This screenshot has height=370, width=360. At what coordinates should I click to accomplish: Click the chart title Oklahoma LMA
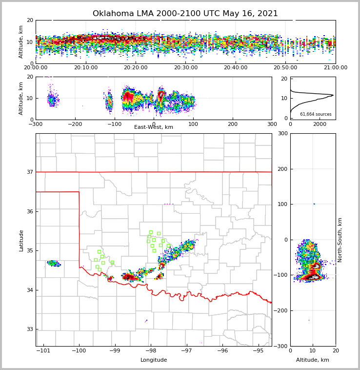pos(185,14)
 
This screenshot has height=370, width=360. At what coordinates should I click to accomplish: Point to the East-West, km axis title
pos(154,127)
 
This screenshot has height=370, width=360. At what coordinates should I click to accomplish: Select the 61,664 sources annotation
pos(316,114)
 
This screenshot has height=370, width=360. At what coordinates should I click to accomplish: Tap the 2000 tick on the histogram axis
pos(320,124)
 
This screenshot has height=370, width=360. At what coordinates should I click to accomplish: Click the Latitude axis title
pos(21,240)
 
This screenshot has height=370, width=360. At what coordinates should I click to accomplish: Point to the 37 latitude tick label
pos(30,172)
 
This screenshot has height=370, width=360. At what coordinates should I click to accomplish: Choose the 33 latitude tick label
pos(30,329)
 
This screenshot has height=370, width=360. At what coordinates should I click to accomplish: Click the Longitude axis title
pos(154,360)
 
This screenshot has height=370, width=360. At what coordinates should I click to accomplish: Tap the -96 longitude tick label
pos(222,351)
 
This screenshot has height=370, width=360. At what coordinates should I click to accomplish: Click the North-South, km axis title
pos(340,240)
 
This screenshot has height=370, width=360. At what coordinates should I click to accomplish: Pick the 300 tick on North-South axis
pos(282,133)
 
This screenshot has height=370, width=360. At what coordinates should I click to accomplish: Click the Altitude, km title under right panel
pos(313,360)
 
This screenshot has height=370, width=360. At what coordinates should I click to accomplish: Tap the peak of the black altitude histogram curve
pos(333,95)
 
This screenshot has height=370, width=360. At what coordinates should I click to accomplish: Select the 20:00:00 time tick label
pos(36,68)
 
